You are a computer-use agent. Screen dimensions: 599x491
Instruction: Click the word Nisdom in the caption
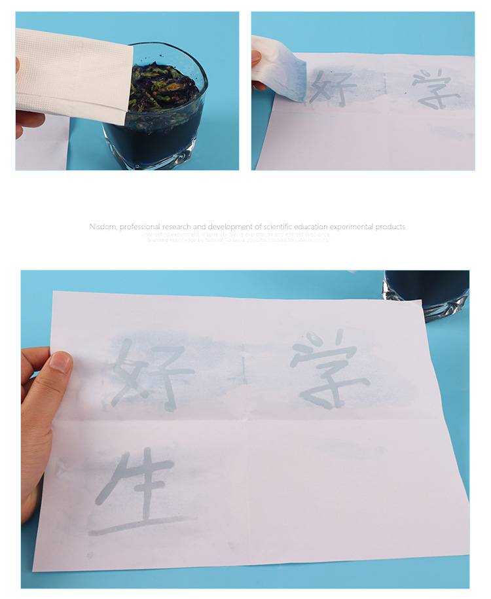coord(102,227)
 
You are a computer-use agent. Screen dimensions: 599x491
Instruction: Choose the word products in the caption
coord(391,227)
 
